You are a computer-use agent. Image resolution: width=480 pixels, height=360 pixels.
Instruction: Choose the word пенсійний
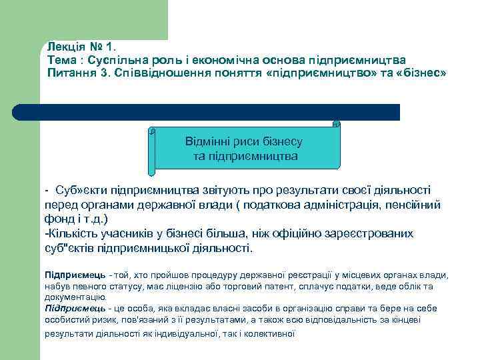tap(405, 205)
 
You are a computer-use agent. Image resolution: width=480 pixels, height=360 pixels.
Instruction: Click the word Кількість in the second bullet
tap(72, 234)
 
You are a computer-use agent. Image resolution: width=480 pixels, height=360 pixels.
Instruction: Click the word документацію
tap(74, 297)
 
